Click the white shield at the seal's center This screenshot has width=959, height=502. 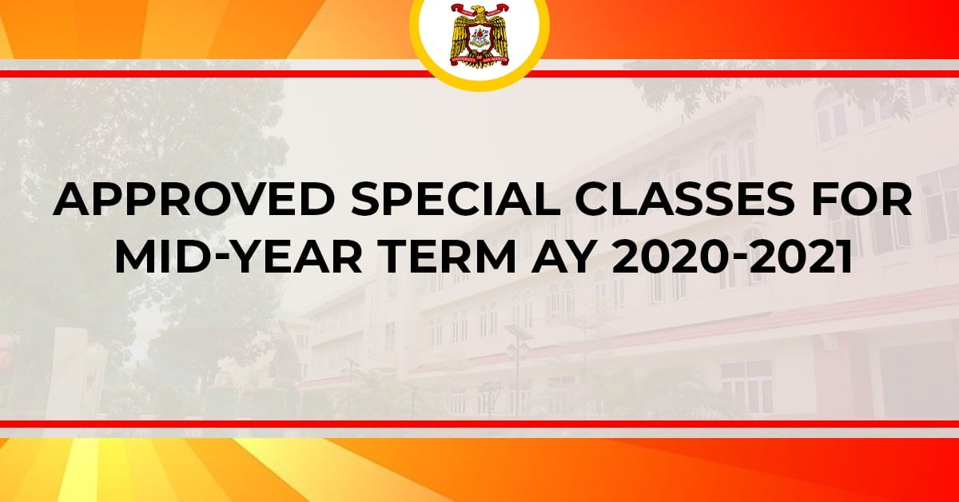coord(479,38)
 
